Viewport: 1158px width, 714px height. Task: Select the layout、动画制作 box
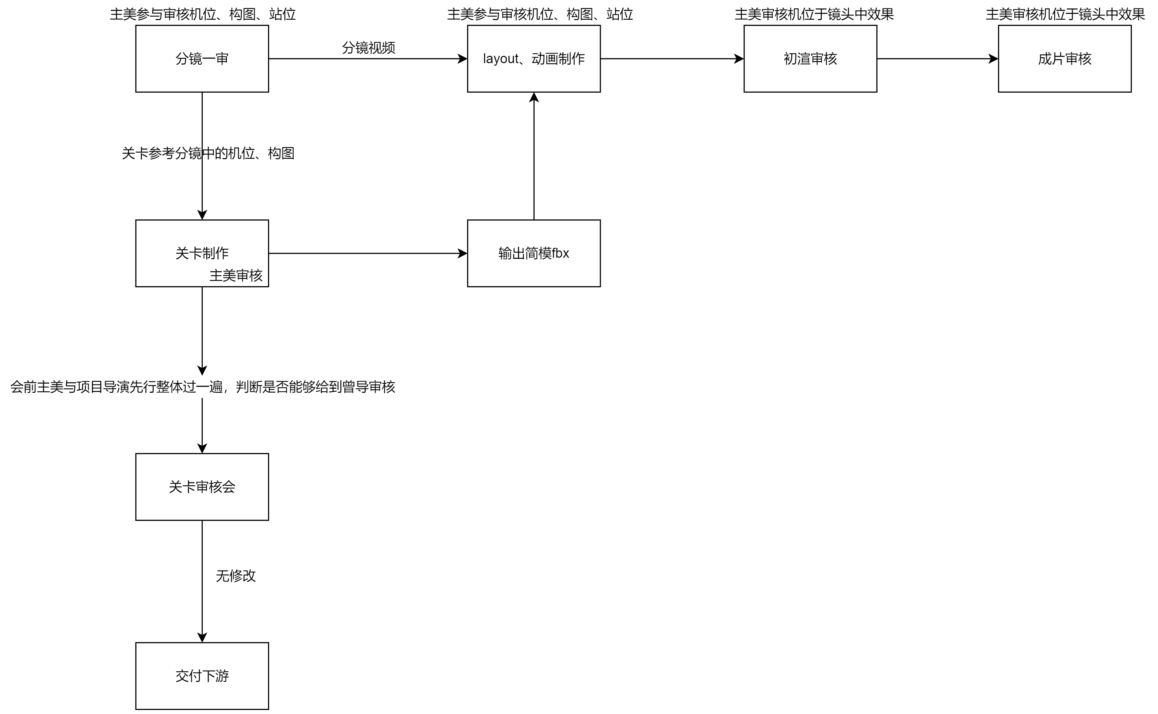click(534, 58)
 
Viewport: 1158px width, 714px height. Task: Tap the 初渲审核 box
click(810, 58)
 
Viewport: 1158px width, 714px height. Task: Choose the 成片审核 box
click(1065, 58)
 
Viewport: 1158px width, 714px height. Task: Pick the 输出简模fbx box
click(534, 253)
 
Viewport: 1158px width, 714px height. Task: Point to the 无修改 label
click(236, 576)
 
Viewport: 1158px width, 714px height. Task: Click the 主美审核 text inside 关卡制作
click(236, 276)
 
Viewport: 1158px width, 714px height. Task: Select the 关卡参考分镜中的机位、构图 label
click(208, 153)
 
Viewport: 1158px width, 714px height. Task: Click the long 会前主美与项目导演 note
click(203, 387)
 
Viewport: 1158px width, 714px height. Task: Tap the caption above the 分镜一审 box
click(203, 14)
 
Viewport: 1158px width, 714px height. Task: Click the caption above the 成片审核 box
click(1065, 14)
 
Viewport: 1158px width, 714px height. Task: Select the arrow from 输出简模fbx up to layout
click(534, 156)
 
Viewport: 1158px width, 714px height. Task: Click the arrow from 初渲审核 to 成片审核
click(937, 58)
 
